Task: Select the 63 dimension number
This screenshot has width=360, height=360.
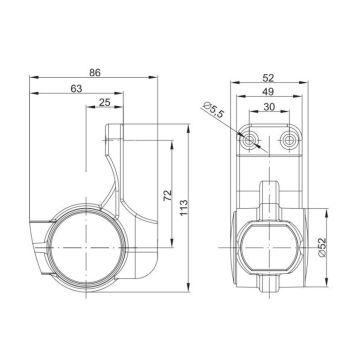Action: (x=77, y=90)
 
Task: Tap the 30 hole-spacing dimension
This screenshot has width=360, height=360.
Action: (x=267, y=107)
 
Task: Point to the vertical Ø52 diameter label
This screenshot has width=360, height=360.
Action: (x=323, y=244)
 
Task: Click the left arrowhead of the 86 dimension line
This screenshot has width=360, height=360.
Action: (x=34, y=79)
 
